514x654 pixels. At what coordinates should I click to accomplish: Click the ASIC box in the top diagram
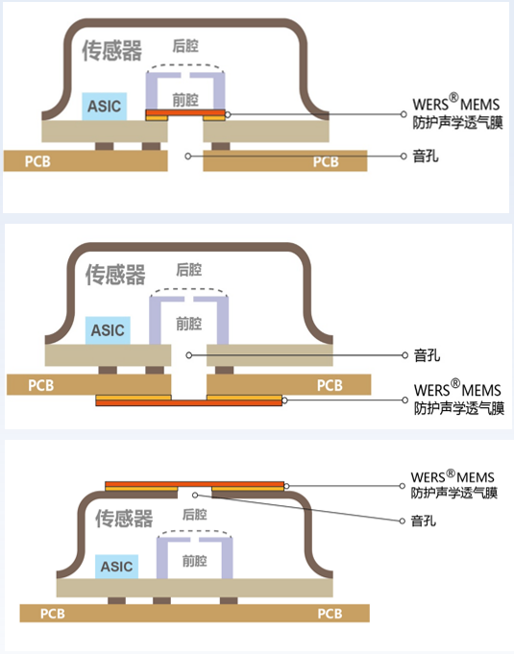[x=104, y=106]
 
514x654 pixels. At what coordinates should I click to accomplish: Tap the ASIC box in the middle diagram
[x=108, y=330]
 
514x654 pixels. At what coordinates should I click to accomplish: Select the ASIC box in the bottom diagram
[x=116, y=567]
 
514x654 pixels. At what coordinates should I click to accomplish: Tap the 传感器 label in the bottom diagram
[x=124, y=520]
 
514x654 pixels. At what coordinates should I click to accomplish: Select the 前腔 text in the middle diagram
[x=189, y=323]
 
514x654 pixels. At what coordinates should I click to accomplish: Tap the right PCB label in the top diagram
[x=327, y=161]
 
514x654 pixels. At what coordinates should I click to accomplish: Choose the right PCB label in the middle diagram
[x=330, y=385]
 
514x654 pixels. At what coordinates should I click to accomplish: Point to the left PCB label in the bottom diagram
[x=54, y=613]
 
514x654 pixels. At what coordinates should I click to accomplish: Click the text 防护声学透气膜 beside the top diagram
[x=456, y=123]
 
